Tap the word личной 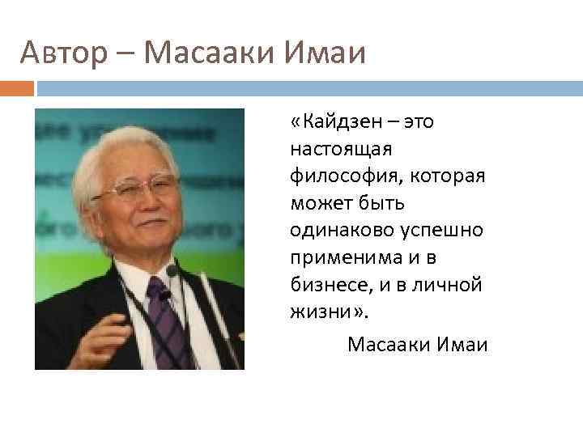click(x=449, y=284)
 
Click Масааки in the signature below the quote click(x=387, y=346)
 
